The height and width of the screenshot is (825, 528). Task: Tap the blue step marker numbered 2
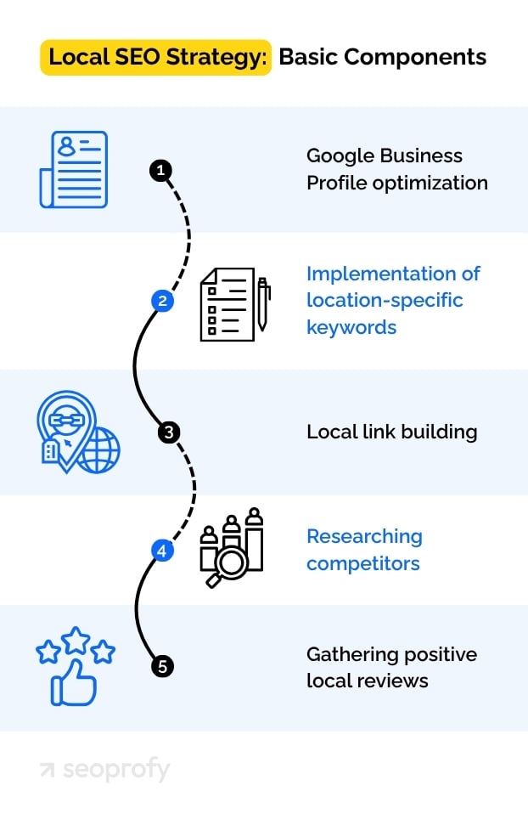(162, 301)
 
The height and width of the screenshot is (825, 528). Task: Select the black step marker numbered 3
(168, 432)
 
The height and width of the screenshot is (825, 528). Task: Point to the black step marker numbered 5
(163, 666)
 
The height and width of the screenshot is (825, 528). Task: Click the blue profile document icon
(74, 169)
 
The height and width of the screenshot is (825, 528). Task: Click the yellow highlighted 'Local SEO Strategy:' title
(156, 57)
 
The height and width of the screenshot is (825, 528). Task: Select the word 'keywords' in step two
(351, 327)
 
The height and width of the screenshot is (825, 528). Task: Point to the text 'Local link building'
(391, 432)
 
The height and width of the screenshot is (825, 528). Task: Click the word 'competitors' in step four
(362, 563)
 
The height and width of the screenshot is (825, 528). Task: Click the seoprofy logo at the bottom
(104, 770)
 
